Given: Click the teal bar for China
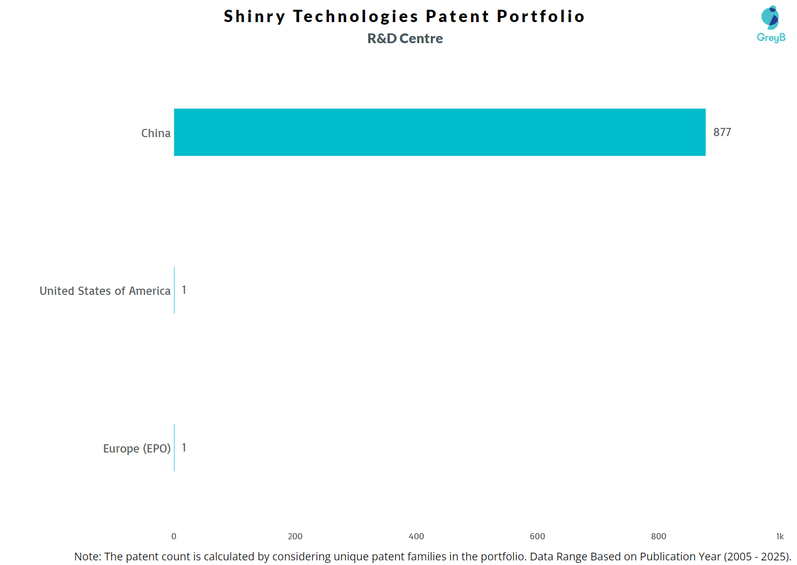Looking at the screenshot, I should [x=440, y=132].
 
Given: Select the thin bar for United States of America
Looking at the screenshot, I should [x=174, y=290].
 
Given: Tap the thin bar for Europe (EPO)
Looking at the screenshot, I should [x=174, y=447].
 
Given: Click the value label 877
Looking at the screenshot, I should [x=722, y=133].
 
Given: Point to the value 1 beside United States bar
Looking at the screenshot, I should [x=184, y=290].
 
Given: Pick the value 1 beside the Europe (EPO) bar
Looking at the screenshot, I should [x=184, y=448].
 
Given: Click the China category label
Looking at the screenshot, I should [x=156, y=134].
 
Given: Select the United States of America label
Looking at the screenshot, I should [x=105, y=291].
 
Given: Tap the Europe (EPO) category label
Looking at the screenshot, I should [x=137, y=449].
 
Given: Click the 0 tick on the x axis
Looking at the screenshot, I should [x=174, y=536].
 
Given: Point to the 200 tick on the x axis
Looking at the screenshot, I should [x=295, y=536].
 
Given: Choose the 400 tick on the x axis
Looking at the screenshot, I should [x=416, y=536].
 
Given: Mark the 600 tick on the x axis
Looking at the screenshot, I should [x=537, y=536].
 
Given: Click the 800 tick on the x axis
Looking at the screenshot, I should [x=659, y=536].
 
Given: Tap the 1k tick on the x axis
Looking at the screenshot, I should [x=780, y=536].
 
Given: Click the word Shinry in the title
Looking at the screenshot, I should [x=254, y=16].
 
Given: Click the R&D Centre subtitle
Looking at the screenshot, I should [x=405, y=39].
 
